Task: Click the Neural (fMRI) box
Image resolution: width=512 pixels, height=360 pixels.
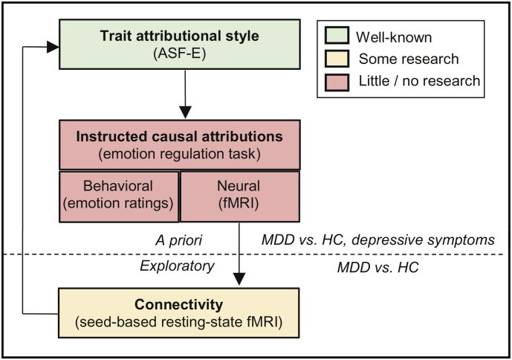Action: pyautogui.click(x=239, y=195)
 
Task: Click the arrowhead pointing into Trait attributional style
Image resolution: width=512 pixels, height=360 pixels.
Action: pyautogui.click(x=54, y=46)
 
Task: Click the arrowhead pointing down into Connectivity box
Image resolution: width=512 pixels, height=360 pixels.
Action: pyautogui.click(x=239, y=279)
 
